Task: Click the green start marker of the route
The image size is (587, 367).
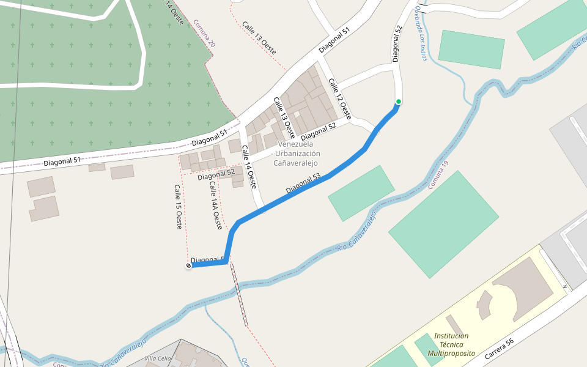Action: coord(399,102)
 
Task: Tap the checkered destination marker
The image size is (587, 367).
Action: coord(188,265)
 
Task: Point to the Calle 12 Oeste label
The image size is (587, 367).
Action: coord(340,98)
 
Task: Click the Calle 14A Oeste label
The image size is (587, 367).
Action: coord(215,206)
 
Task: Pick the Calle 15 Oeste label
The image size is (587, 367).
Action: coord(178,207)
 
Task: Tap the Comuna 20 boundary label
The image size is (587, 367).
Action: coord(204,34)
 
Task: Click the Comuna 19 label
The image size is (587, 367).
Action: coord(439,174)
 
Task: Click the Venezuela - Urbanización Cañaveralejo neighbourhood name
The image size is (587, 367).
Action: coord(296,153)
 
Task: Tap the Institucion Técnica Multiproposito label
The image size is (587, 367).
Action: coord(451,344)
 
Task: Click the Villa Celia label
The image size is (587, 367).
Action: coord(157,358)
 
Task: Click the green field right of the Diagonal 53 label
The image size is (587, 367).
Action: coord(361,193)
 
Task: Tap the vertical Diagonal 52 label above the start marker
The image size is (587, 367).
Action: coord(397,43)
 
